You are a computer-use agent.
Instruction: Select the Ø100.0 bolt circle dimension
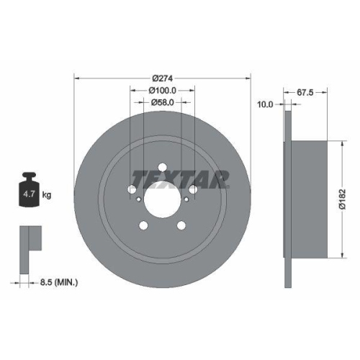tap(162, 91)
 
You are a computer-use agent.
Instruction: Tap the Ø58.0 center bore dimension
tap(162, 103)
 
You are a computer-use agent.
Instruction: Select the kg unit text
tap(47, 195)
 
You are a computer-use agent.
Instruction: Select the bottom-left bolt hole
tap(143, 225)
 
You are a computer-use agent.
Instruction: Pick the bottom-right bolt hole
tap(181, 225)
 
